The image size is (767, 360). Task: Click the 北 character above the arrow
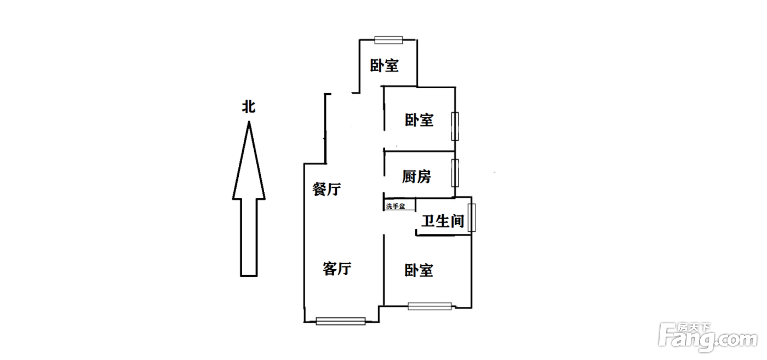[x=249, y=107]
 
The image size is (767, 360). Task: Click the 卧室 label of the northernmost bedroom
[x=384, y=66]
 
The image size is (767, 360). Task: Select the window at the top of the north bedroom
[x=388, y=39]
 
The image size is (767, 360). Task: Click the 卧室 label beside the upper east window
[x=419, y=120]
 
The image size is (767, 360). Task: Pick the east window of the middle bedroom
[x=454, y=126]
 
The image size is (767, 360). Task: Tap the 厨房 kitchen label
[x=416, y=176]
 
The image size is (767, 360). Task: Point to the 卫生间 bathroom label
[x=443, y=221]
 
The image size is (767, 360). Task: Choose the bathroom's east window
[x=472, y=218]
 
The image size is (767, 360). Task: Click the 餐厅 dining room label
[x=327, y=190]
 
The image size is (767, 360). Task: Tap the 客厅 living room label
[x=336, y=268]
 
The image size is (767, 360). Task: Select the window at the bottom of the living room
[x=341, y=321]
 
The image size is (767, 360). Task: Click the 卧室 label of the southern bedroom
[x=419, y=270]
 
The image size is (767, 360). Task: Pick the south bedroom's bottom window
[x=430, y=306]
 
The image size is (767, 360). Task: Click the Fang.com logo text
[x=712, y=340]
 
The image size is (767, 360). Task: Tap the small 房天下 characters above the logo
[x=694, y=328]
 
